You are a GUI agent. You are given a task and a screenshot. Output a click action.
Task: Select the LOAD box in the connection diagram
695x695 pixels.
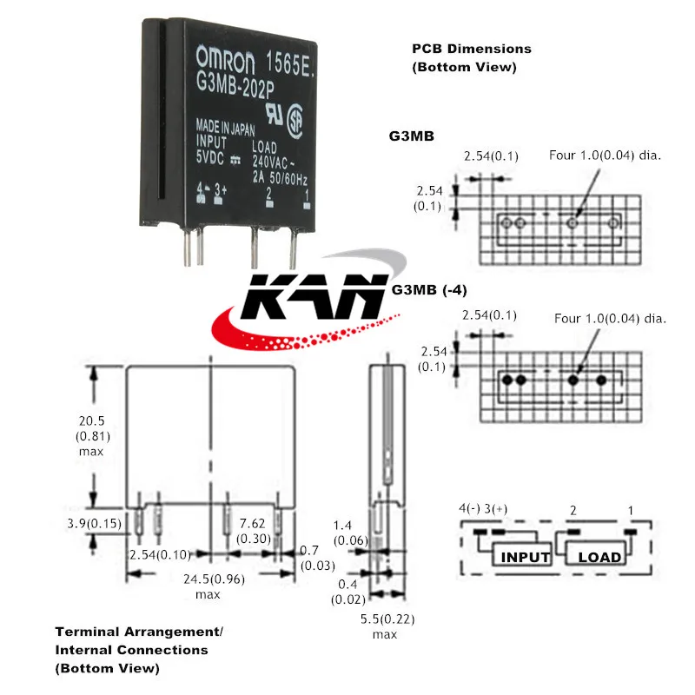click(599, 557)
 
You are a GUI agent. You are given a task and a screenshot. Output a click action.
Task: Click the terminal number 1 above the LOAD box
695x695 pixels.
click(631, 508)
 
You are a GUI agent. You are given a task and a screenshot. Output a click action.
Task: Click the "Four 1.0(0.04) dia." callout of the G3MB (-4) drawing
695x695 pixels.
click(610, 319)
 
